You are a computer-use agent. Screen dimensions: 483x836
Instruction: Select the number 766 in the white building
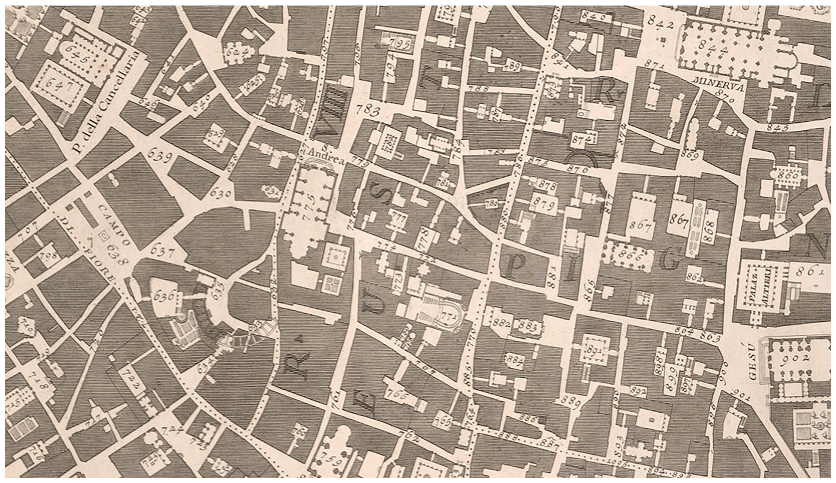pos(398,394)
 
